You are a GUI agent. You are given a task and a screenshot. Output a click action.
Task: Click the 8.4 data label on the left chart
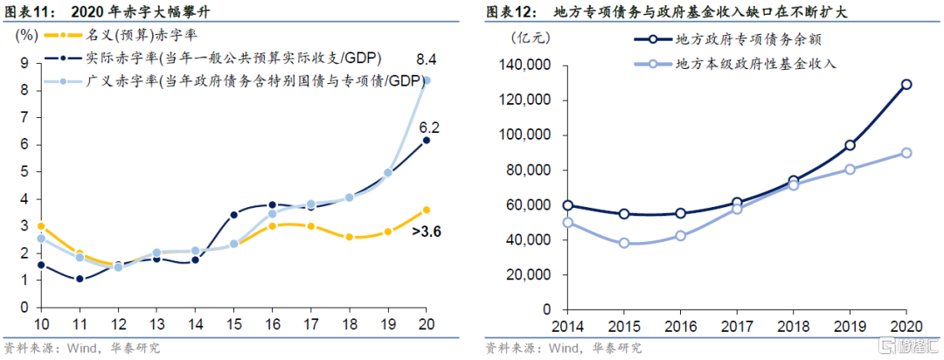pos(426,59)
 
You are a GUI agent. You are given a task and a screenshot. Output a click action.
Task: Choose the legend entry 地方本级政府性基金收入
pos(755,65)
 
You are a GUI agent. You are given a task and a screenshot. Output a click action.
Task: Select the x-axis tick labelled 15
pos(235,324)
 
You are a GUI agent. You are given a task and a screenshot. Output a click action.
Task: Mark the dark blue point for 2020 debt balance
pos(906,85)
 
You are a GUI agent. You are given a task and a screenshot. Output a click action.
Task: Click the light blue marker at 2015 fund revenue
pos(624,243)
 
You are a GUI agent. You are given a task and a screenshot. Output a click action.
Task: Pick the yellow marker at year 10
pos(41,226)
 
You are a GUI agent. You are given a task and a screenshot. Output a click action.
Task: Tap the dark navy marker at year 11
pos(80,279)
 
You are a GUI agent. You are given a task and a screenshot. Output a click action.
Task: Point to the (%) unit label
pos(26,36)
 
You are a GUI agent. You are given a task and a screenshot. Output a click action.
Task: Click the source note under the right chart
pos(564,348)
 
